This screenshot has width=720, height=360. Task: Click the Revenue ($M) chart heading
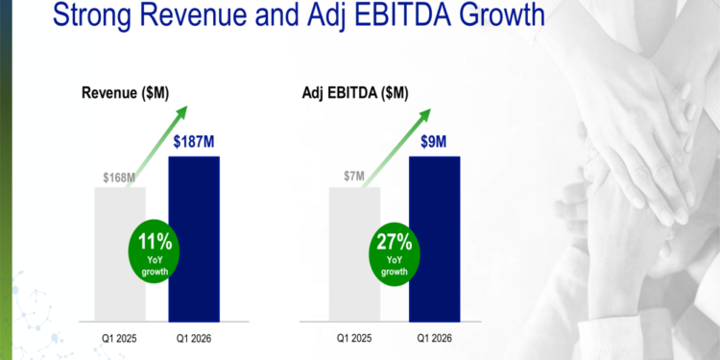124,93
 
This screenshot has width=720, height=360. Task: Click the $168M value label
120,177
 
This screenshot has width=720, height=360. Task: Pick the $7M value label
354,177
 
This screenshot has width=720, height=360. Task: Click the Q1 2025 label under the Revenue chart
119,338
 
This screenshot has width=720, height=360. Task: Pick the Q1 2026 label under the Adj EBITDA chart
434,338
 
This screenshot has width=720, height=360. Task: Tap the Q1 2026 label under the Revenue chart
194,338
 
